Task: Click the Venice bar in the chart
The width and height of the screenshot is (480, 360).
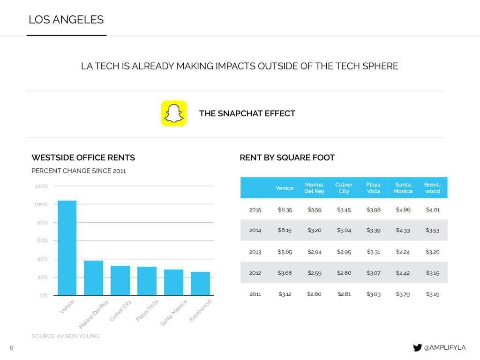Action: pos(67,248)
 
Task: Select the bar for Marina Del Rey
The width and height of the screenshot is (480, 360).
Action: pos(93,278)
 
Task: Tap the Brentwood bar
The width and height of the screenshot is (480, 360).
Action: pos(200,284)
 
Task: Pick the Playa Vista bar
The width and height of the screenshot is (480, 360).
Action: pos(147,281)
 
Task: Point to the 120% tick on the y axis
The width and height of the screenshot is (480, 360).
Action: pos(41,186)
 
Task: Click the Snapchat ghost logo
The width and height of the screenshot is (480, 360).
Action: pos(173,113)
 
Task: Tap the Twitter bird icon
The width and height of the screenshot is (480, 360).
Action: pos(417,347)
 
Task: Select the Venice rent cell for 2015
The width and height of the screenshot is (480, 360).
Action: pos(285,210)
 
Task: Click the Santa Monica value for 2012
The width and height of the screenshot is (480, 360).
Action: pos(403,273)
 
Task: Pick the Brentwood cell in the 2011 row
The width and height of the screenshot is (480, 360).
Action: pos(432,294)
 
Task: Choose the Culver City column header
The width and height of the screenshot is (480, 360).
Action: pos(344,188)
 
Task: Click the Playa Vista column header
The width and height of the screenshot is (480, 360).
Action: pos(373,188)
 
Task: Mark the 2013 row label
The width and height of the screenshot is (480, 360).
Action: pos(255,252)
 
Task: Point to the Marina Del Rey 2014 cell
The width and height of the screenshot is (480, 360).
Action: pos(314,231)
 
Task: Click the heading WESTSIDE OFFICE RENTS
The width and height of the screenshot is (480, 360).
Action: pos(83,157)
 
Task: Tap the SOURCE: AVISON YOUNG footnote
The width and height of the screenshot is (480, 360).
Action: pos(65,336)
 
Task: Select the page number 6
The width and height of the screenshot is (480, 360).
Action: pos(12,347)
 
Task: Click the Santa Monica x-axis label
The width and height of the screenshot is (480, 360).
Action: pos(174,313)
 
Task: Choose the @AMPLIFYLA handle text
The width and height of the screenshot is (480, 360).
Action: pos(444,347)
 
